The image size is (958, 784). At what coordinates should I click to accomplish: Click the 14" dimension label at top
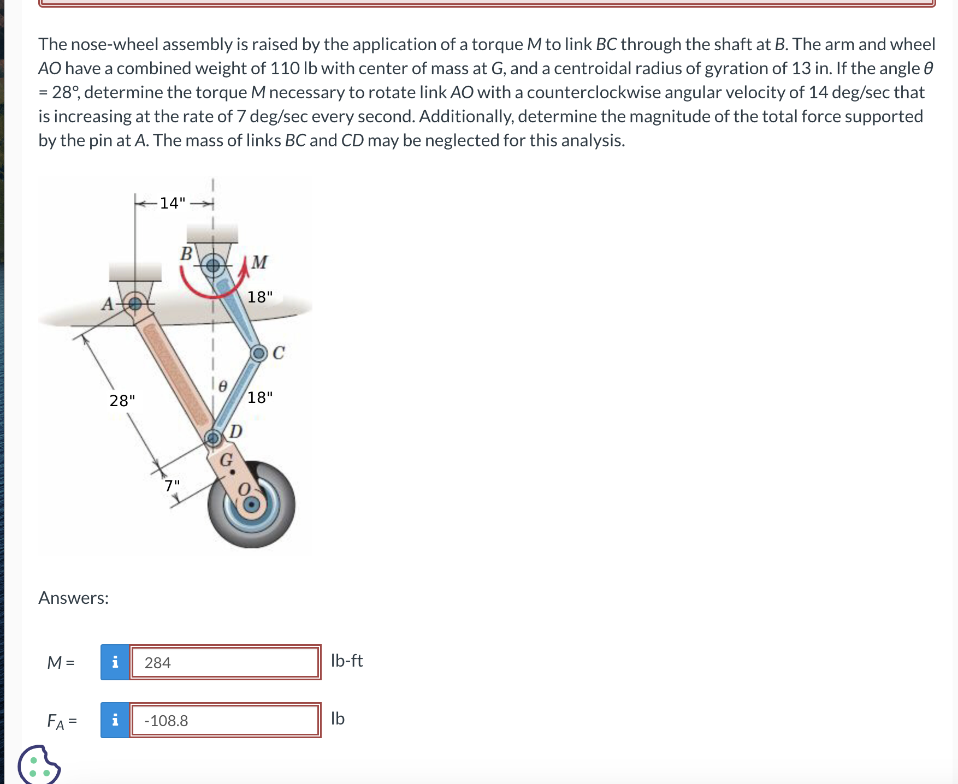(x=172, y=203)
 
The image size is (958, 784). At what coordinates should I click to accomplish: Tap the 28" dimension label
(x=122, y=401)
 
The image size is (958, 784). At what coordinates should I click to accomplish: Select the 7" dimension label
(x=172, y=485)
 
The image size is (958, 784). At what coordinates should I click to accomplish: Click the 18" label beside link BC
(x=260, y=297)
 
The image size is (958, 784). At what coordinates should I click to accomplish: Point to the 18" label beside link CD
(x=260, y=397)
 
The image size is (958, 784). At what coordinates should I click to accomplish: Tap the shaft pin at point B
(x=212, y=266)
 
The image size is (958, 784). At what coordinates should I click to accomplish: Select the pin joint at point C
(x=259, y=353)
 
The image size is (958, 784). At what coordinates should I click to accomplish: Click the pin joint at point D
(x=212, y=437)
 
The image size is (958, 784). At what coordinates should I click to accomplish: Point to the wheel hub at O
(x=251, y=504)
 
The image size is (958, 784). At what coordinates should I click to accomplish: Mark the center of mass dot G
(x=232, y=472)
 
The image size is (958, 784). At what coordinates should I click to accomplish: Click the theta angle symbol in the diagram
(x=222, y=387)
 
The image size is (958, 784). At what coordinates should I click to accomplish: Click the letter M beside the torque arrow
(x=259, y=262)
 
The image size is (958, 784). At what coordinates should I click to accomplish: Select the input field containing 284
(x=225, y=662)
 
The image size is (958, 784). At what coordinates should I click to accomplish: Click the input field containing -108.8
(x=225, y=720)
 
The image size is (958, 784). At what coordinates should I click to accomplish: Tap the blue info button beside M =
(x=115, y=662)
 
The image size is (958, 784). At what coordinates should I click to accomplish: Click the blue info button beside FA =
(x=115, y=720)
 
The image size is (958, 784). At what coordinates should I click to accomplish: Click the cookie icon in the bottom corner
(x=38, y=765)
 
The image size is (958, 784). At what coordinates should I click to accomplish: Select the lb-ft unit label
(x=347, y=661)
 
